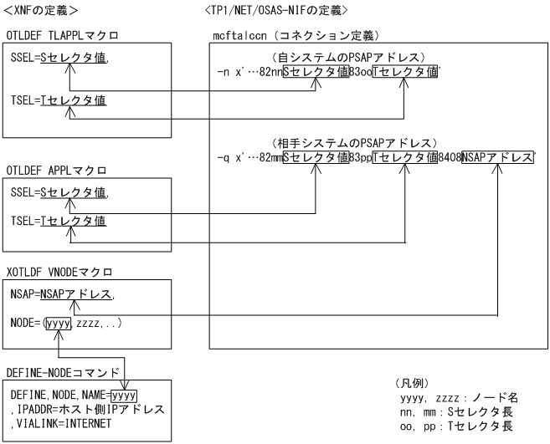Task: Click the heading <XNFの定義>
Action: click(41, 10)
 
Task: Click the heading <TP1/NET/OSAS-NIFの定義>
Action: click(276, 10)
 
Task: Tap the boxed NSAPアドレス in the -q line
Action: click(498, 157)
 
